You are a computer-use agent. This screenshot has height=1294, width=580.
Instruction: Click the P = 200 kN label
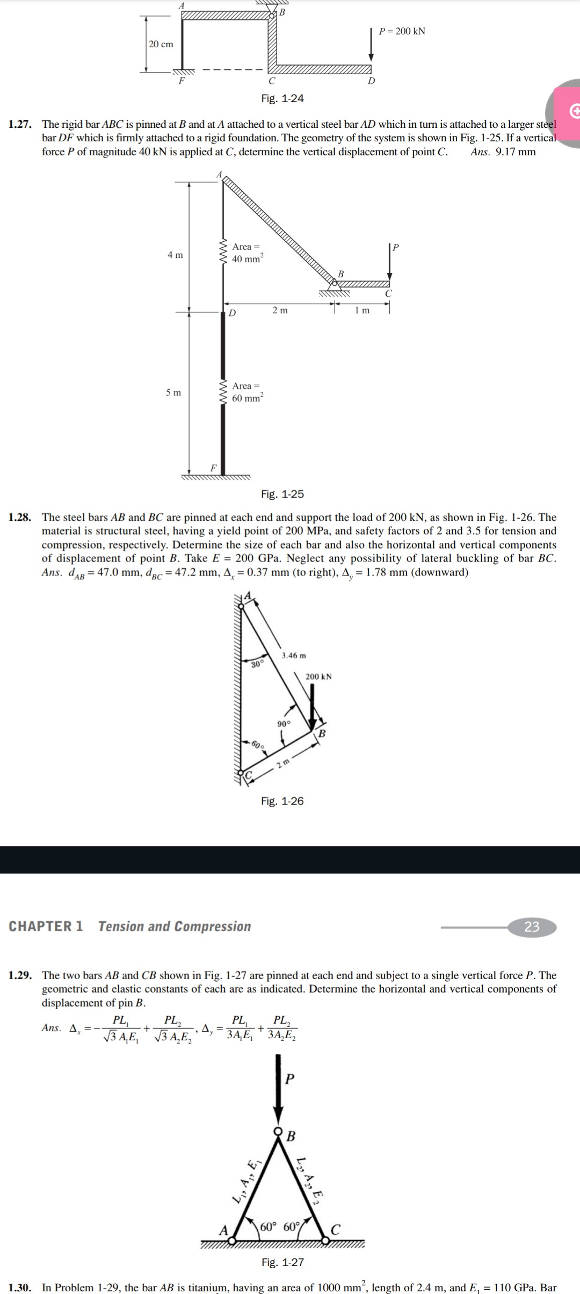tap(402, 31)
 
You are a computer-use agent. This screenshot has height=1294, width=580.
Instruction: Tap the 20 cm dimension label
tap(161, 44)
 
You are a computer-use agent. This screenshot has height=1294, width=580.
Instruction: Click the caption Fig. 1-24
tap(282, 98)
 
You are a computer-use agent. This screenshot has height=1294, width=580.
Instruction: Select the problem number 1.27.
tap(19, 125)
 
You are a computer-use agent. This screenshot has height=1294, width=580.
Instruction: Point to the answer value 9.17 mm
tap(516, 152)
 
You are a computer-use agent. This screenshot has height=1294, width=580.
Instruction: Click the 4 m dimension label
tap(175, 255)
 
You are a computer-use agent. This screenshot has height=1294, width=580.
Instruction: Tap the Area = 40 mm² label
tap(247, 253)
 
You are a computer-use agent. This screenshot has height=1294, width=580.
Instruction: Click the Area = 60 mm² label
tap(247, 392)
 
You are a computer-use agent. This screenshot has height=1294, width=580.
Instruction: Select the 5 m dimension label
tap(173, 393)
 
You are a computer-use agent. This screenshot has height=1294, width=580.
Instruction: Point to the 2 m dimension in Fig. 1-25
tap(280, 311)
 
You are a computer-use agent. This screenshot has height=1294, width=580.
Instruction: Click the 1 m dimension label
tap(363, 311)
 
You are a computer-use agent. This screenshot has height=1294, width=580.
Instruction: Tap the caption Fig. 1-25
tap(282, 494)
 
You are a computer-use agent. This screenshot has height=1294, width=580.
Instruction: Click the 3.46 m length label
tap(294, 656)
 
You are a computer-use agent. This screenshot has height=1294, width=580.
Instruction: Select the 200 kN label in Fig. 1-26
tap(318, 677)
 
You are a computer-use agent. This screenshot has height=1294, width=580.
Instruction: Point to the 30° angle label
tap(257, 664)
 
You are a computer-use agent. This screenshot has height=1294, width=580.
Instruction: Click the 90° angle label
tap(284, 724)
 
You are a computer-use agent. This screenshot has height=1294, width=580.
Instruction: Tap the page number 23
tap(532, 926)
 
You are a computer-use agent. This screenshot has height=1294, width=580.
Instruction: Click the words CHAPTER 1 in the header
tap(46, 926)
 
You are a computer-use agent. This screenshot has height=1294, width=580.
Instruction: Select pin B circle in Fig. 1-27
tap(278, 1130)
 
